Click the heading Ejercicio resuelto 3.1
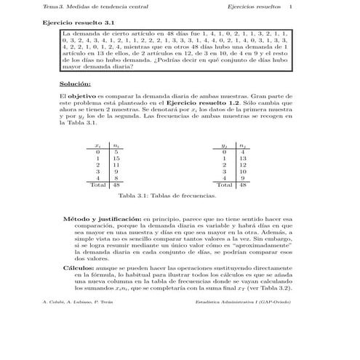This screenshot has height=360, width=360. [x=71, y=23]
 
